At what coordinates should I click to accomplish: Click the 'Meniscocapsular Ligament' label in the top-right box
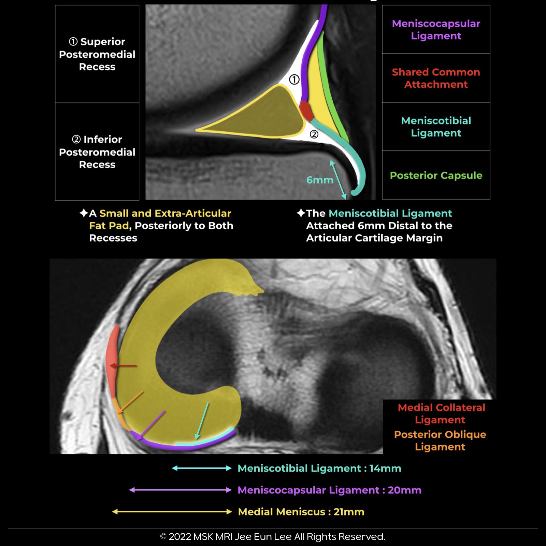[x=436, y=30]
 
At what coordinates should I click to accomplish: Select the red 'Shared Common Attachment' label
[x=436, y=78]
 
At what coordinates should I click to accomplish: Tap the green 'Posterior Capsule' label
[x=436, y=175]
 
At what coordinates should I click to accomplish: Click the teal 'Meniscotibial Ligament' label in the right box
[x=436, y=127]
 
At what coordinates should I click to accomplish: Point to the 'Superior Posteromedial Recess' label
[x=97, y=54]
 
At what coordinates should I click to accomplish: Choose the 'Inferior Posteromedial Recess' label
[x=97, y=152]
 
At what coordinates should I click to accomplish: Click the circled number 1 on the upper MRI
[x=294, y=80]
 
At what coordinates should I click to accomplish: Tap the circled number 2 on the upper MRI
[x=314, y=134]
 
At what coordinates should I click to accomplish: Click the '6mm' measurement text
[x=319, y=180]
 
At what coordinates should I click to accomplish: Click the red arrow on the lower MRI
[x=123, y=366]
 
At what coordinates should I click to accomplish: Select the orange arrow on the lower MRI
[x=131, y=402]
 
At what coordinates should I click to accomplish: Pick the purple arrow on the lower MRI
[x=152, y=425]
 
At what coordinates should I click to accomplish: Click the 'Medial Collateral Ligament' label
[x=441, y=413]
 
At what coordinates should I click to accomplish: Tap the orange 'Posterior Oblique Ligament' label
[x=440, y=440]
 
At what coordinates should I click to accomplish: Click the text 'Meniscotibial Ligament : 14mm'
[x=319, y=468]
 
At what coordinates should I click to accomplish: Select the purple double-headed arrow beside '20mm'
[x=180, y=490]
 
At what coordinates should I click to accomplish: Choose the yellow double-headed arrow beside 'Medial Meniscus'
[x=172, y=512]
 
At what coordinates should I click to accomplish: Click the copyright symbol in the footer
[x=163, y=537]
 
